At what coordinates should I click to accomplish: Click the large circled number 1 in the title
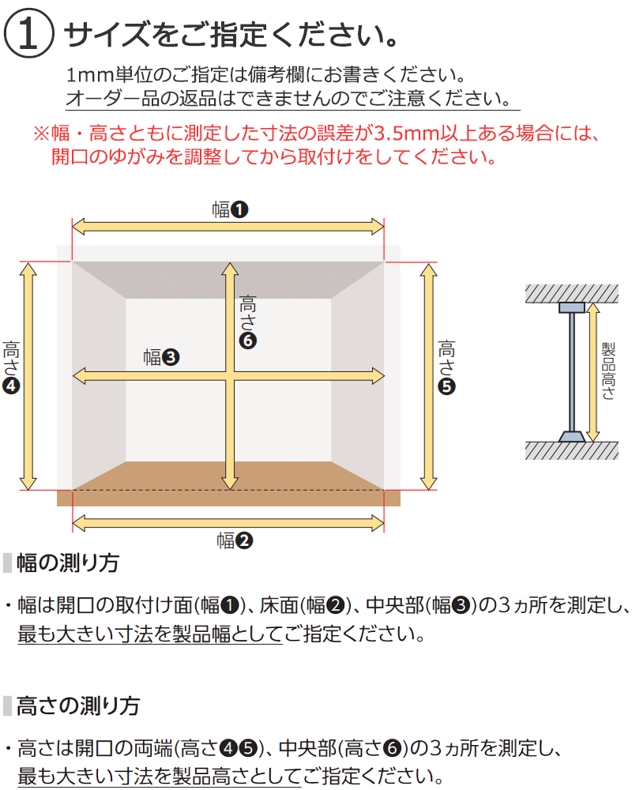point(28,33)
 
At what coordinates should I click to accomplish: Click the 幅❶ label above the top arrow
point(230,209)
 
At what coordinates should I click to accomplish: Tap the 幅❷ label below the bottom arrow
point(235,540)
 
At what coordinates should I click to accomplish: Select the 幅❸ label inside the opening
point(161,357)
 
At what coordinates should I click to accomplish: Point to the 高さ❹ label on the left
point(11,367)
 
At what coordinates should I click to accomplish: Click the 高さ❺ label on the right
point(446,367)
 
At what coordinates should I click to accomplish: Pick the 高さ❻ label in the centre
point(247,322)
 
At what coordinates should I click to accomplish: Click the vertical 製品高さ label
point(608,371)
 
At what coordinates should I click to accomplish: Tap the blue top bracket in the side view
point(571,307)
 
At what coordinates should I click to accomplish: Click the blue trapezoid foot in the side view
point(571,436)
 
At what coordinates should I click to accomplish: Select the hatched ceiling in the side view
point(571,293)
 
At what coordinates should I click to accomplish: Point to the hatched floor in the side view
point(571,450)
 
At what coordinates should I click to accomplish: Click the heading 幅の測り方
point(68,562)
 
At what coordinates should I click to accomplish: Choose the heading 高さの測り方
point(78,705)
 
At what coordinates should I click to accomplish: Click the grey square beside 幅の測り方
point(8,562)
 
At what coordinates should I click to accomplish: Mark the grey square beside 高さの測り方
point(8,705)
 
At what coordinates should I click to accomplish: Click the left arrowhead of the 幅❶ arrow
point(78,227)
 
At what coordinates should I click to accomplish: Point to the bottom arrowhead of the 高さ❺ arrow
point(428,483)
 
